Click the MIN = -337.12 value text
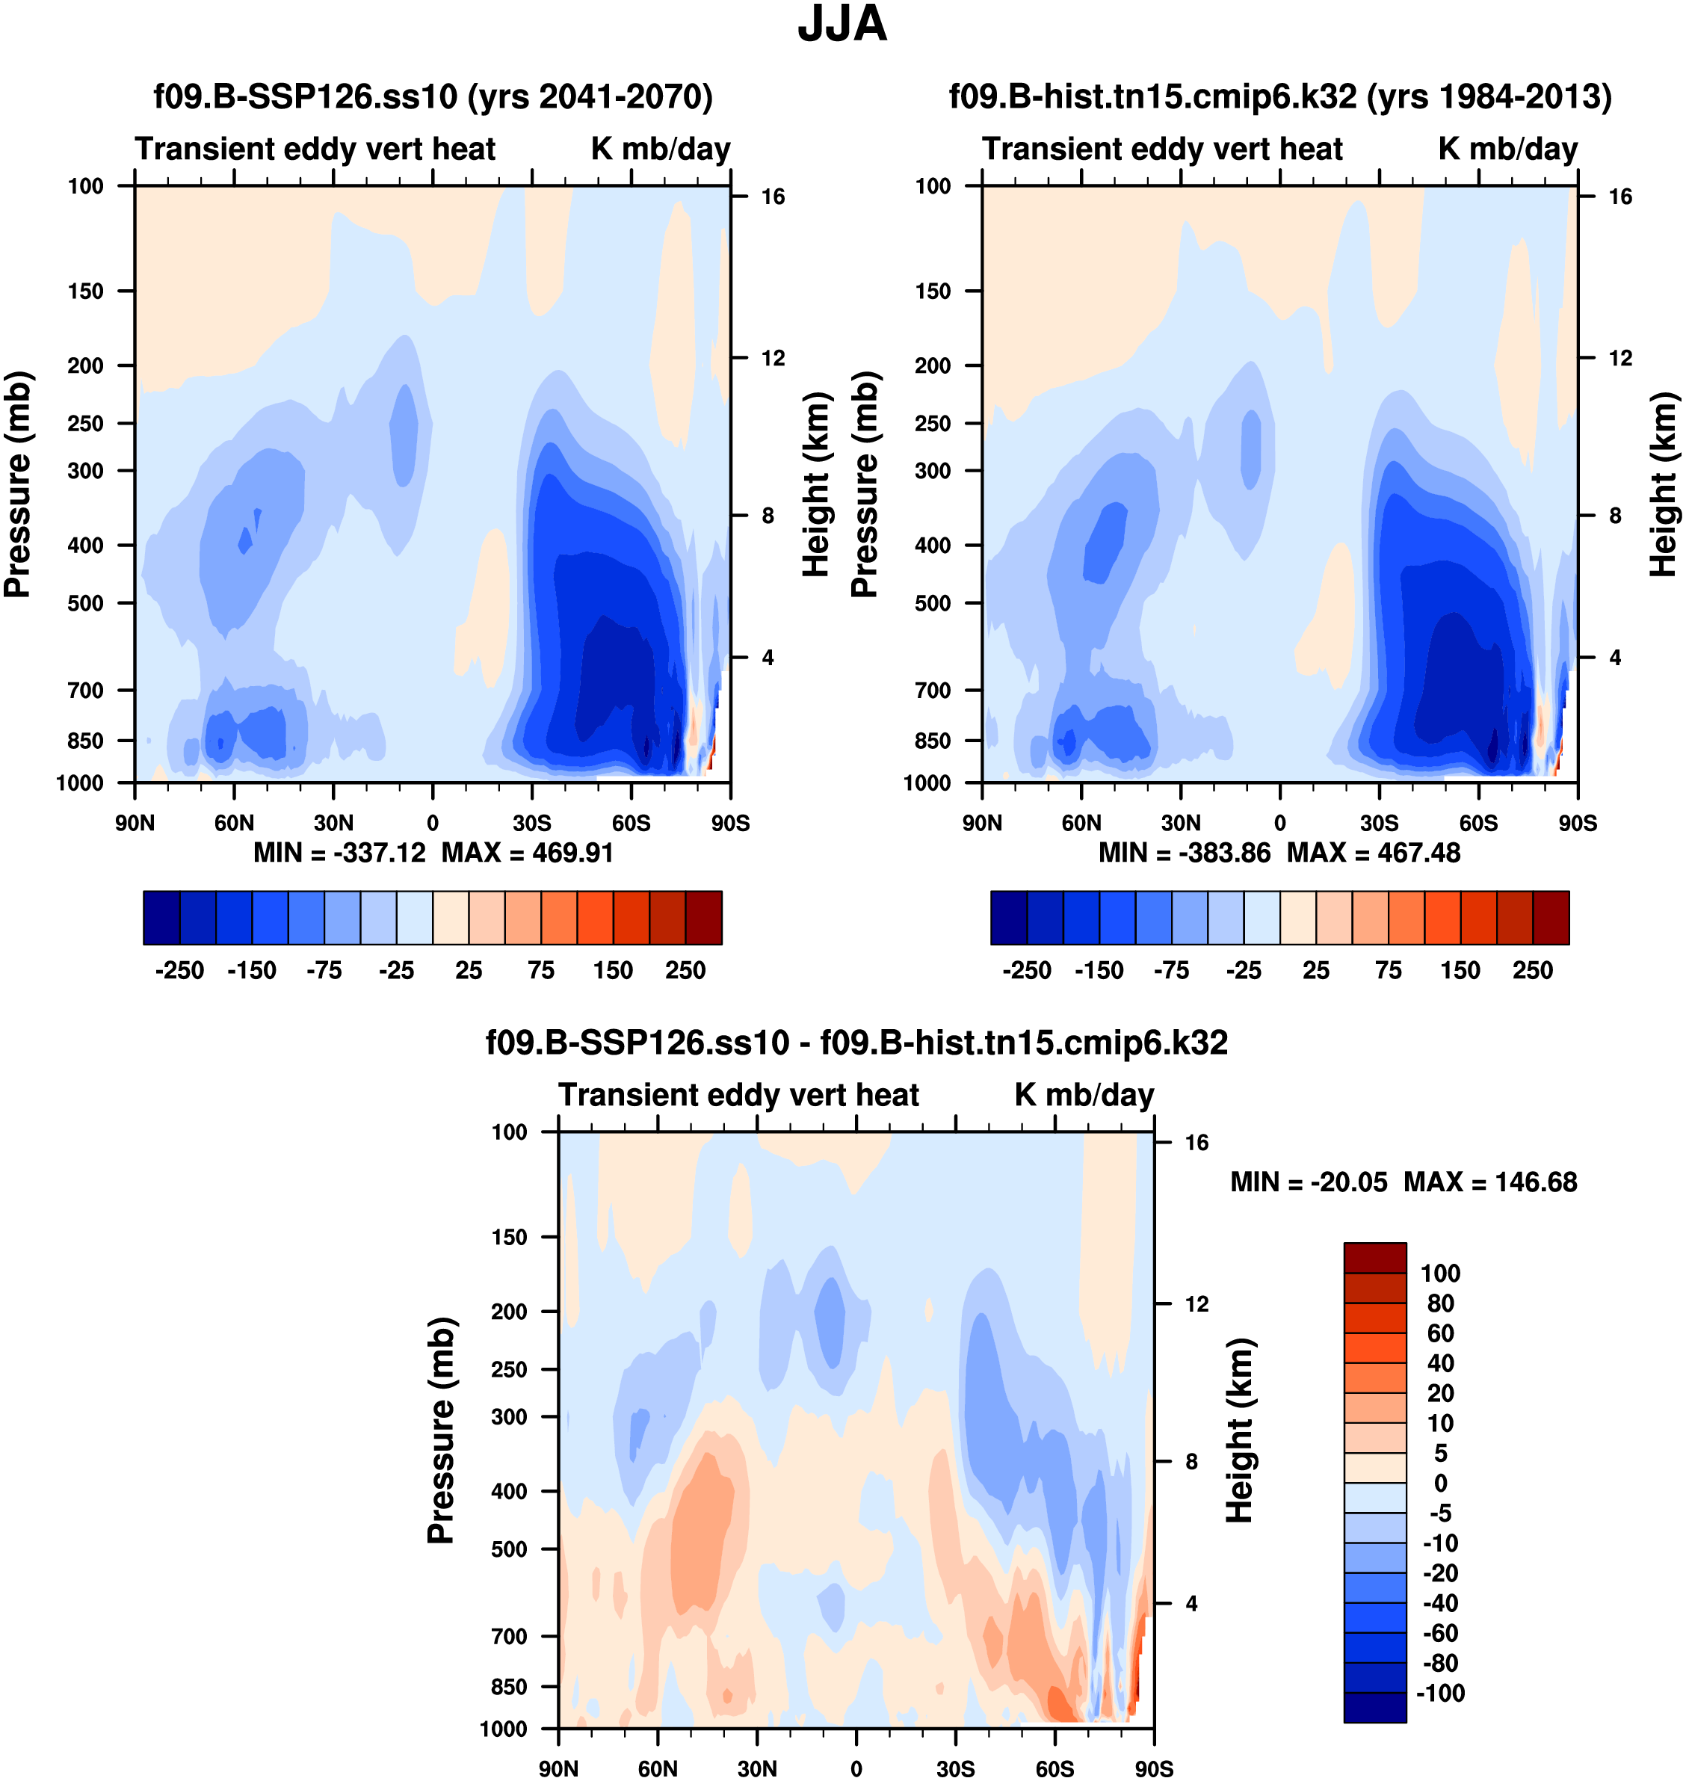(340, 853)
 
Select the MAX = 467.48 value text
(1374, 853)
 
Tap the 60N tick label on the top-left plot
(234, 823)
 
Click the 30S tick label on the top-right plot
(1379, 823)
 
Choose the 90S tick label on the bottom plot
(1153, 1768)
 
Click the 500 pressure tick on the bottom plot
(509, 1549)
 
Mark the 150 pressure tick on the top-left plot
(85, 291)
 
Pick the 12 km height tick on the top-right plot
(1619, 359)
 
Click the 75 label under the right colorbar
(1388, 971)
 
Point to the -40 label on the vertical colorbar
(1439, 1602)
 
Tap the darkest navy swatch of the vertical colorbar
(1374, 1706)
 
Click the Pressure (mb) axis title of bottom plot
(441, 1430)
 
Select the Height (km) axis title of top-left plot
(815, 484)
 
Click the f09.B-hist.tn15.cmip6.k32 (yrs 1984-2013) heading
(1279, 96)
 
